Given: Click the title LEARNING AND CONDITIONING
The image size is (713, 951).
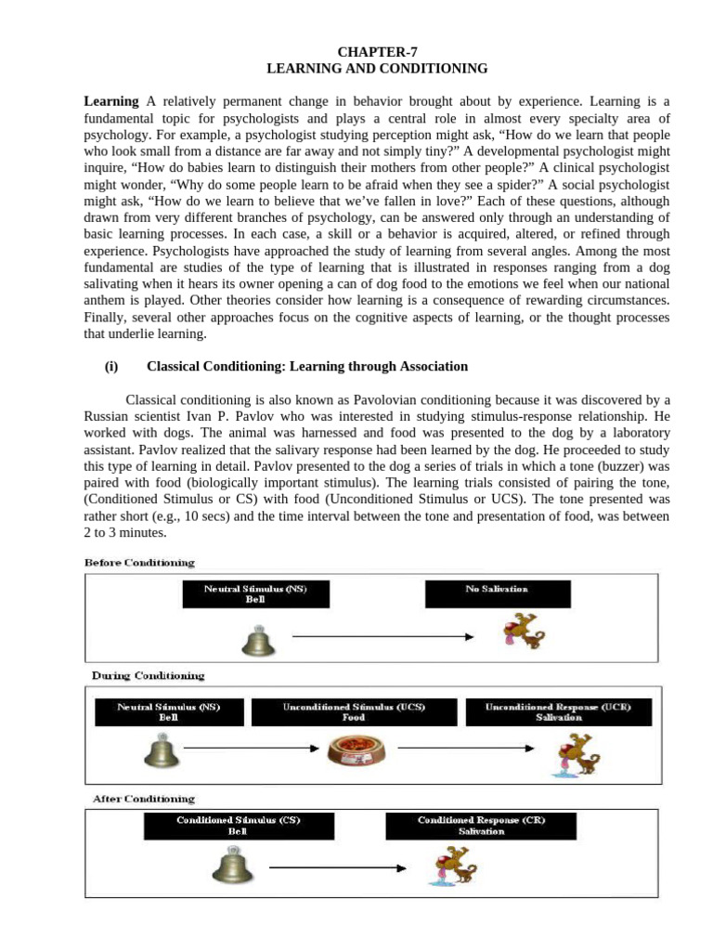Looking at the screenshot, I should pos(377,69).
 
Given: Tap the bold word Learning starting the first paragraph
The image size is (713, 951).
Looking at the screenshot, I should pos(111,100).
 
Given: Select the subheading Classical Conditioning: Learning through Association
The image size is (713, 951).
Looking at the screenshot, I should pos(307,367).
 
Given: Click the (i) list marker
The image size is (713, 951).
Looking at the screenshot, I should pos(111,367).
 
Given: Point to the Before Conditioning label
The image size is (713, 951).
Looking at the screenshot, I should pos(140,563).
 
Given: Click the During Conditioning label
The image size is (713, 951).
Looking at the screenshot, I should pos(148,675).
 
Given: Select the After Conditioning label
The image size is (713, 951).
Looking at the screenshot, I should pos(143,799).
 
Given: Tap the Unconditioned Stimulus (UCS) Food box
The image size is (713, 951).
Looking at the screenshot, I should pos(354,712).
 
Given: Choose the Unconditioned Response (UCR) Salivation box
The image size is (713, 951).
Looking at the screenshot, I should pos(559,712).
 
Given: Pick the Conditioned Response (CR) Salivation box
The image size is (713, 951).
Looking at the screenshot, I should pos(481,826).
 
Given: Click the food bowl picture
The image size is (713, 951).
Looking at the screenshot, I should pos(356,749).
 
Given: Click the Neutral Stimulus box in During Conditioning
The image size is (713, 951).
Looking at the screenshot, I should pos(169,712).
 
